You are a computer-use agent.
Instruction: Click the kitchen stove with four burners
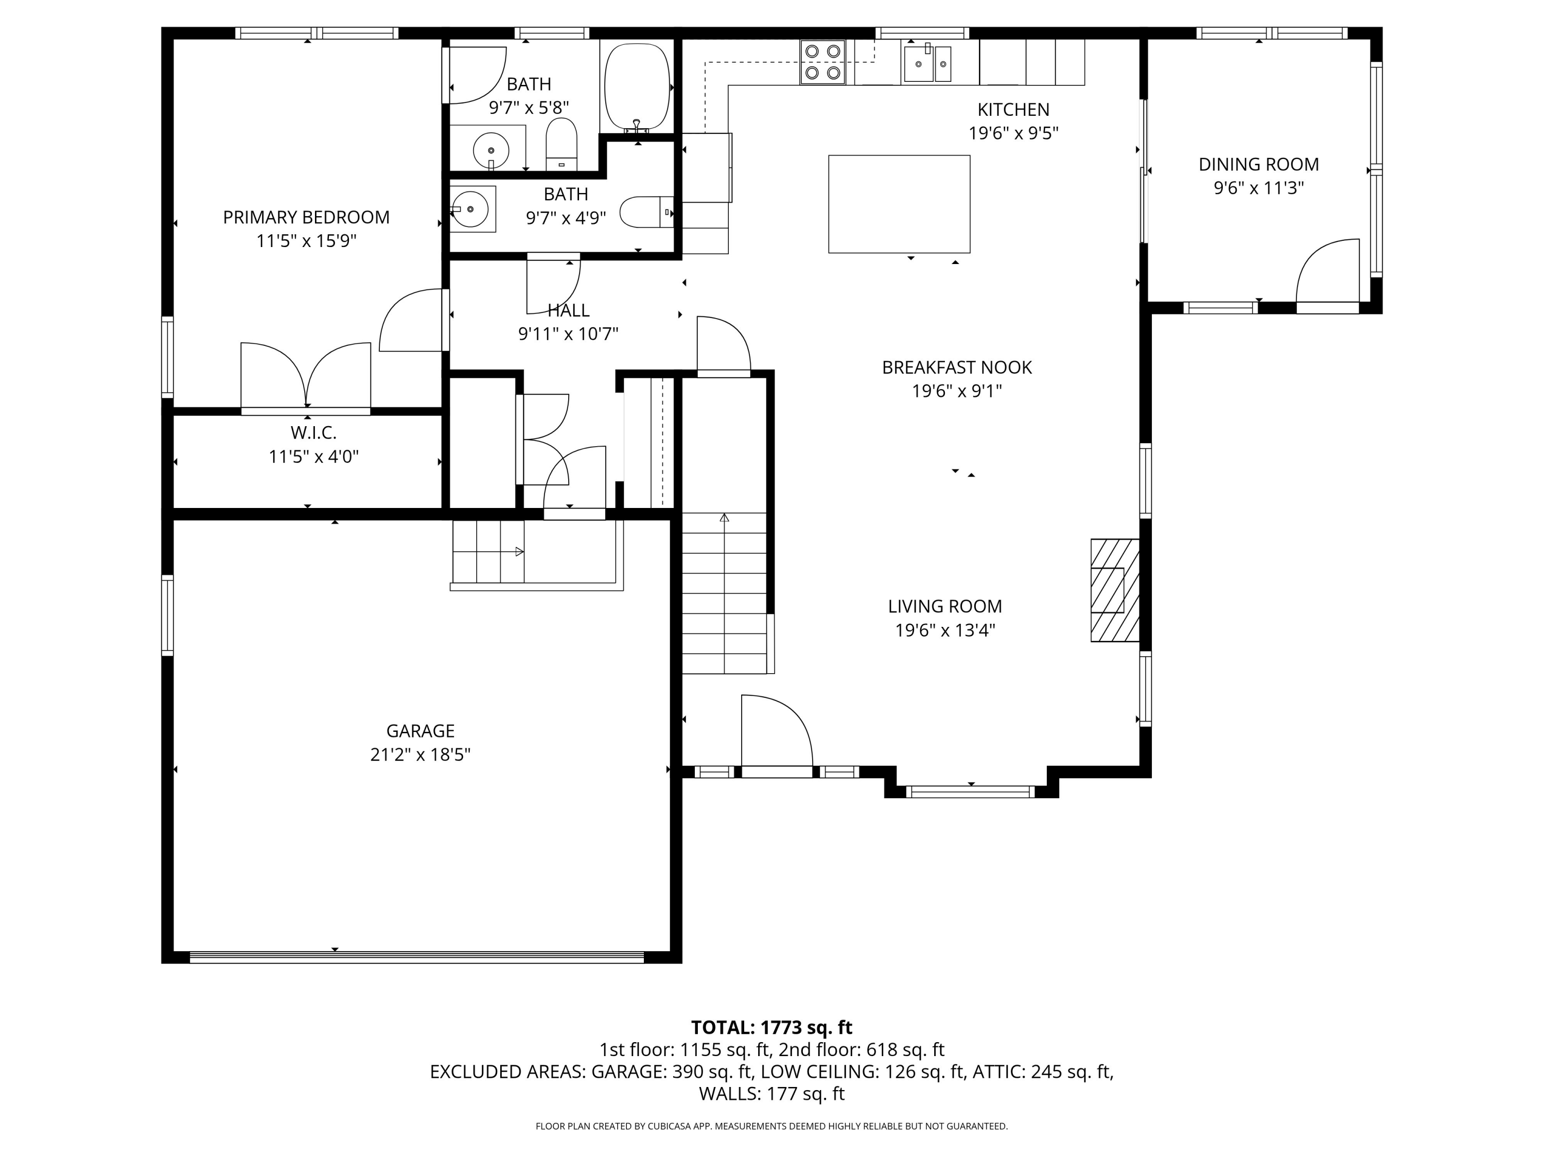click(822, 62)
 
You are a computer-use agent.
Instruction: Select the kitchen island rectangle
click(899, 204)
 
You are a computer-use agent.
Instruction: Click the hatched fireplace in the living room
click(1115, 590)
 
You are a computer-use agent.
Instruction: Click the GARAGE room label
click(420, 731)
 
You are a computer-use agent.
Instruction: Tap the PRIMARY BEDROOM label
click(306, 217)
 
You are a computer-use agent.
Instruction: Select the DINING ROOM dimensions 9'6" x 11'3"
click(1258, 188)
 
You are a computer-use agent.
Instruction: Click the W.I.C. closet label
click(313, 433)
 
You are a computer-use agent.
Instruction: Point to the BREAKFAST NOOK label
click(956, 367)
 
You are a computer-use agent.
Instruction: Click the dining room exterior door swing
click(1326, 274)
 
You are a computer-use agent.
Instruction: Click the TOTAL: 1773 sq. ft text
click(771, 1027)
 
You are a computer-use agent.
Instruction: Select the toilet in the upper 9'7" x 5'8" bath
click(561, 145)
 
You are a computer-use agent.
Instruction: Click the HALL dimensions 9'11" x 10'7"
click(568, 334)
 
